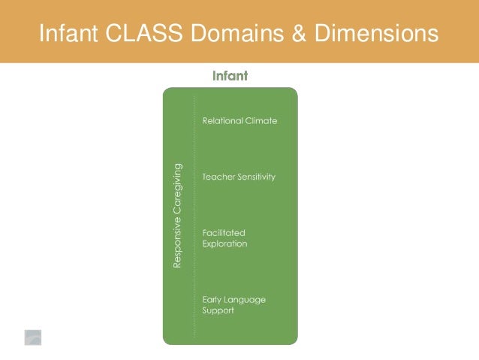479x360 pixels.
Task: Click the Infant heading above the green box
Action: [x=230, y=76]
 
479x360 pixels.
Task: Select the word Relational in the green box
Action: [x=221, y=121]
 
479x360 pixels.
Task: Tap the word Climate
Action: [x=261, y=121]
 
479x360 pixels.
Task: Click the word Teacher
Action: [x=218, y=177]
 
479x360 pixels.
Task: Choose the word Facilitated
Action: [x=224, y=233]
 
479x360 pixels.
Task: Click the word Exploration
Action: [x=224, y=244]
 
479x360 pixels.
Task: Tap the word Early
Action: [x=213, y=299]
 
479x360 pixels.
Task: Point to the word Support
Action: [x=218, y=310]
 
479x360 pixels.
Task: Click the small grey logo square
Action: [x=32, y=337]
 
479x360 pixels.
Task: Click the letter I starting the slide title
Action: [x=41, y=34]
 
